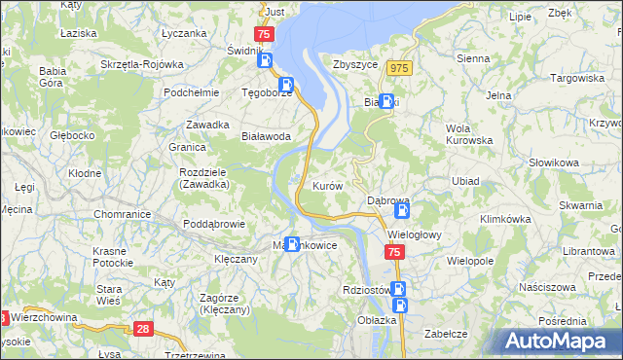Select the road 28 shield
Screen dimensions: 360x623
pos(143,330)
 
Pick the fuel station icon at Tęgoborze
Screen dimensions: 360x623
pos(285,85)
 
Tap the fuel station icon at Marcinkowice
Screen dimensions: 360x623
pos(292,243)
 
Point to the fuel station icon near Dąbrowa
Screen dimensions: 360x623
pos(403,208)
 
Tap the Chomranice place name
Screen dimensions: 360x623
pos(120,213)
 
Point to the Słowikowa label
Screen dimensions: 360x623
pos(554,162)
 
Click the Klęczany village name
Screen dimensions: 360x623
pos(235,260)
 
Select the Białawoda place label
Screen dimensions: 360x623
pos(267,137)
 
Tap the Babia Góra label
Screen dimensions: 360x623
pos(52,77)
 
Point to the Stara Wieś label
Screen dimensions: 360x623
pos(108,295)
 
